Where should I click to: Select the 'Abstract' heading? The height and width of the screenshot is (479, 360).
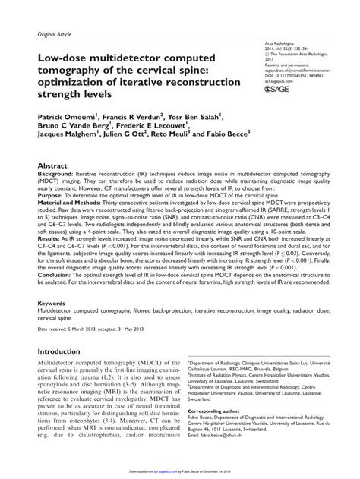coord(53,165)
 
